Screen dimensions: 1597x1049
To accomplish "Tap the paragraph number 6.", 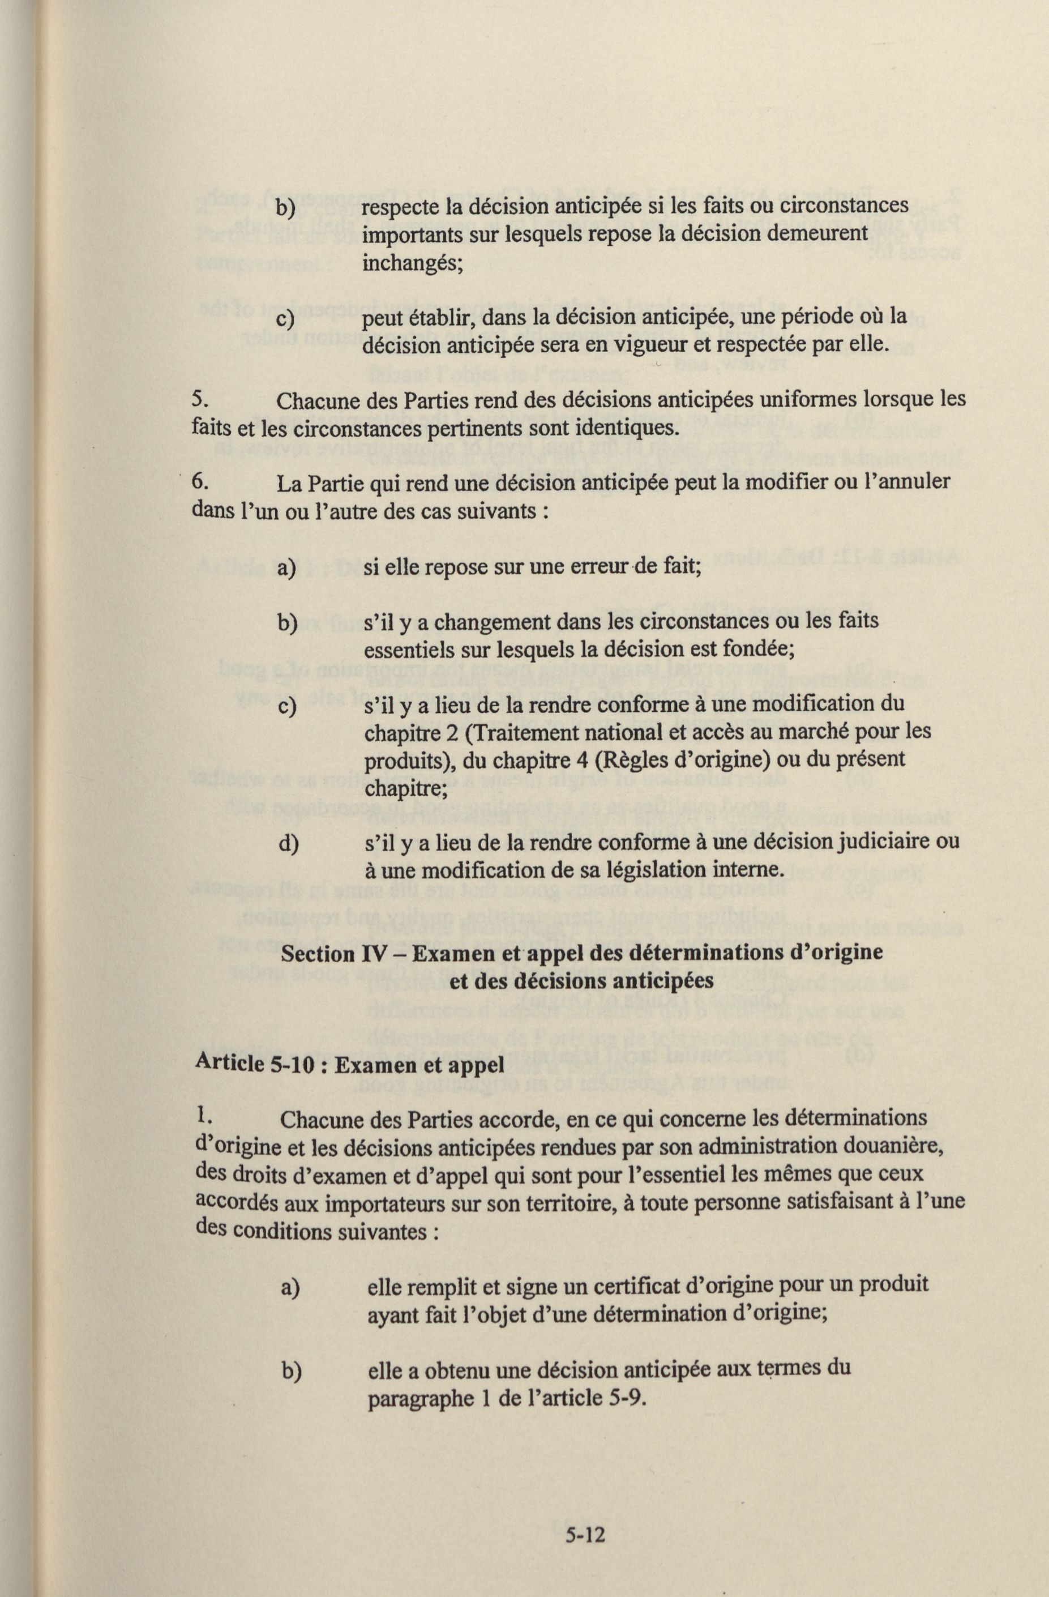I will pyautogui.click(x=199, y=482).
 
